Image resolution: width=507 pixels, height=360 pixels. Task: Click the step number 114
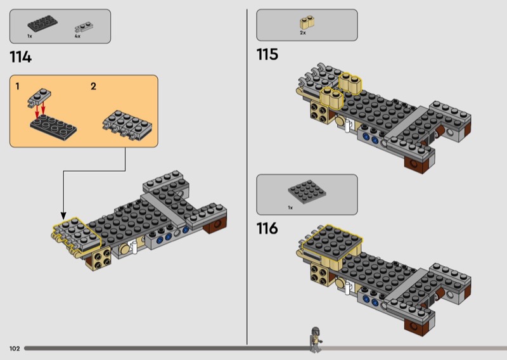(21, 57)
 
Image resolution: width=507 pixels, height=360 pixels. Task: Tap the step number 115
(267, 55)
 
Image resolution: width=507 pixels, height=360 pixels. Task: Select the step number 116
(267, 228)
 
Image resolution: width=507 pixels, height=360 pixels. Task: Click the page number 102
(15, 349)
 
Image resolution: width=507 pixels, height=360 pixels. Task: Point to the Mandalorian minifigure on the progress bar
(316, 339)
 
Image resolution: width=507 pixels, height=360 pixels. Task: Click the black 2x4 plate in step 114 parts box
(42, 23)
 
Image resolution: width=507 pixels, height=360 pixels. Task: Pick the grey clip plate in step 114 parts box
(84, 27)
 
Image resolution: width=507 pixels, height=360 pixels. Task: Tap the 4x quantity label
(77, 36)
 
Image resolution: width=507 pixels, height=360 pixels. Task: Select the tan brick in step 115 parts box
(307, 22)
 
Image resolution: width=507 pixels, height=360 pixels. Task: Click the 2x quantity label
(303, 33)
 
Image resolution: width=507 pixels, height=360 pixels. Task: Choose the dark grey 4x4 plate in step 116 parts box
(307, 192)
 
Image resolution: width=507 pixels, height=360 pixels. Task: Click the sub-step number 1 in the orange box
(18, 86)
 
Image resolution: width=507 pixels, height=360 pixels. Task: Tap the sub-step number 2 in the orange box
(93, 86)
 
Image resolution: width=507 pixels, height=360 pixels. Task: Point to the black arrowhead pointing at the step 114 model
(63, 215)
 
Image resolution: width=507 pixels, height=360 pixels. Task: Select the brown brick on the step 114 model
(216, 224)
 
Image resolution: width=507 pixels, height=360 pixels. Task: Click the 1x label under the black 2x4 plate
(30, 36)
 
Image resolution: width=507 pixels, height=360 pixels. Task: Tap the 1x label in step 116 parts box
(290, 208)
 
